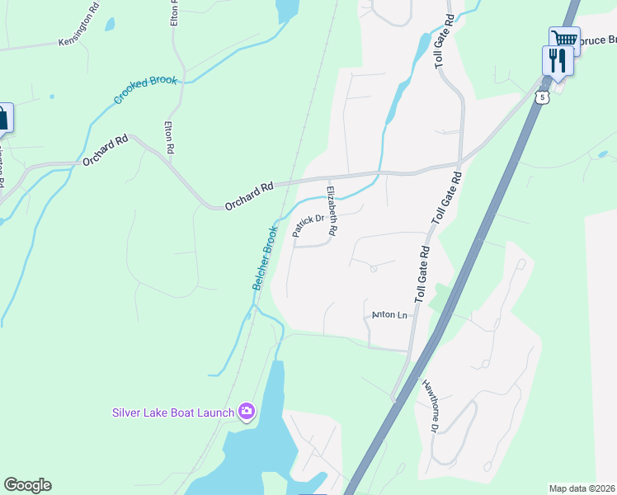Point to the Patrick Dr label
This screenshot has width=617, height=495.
[x=307, y=225]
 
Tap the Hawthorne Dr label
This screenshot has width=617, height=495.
[x=430, y=404]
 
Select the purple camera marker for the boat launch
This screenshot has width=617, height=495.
[x=246, y=411]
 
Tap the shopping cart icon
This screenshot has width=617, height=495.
[x=565, y=40]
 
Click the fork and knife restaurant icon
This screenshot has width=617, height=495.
[x=558, y=61]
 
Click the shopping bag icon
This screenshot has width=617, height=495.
[x=2, y=117]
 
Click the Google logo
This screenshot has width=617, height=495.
[x=27, y=485]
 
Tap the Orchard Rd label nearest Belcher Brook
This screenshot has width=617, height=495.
[x=248, y=196]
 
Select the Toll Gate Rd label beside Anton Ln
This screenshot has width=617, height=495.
[x=423, y=274]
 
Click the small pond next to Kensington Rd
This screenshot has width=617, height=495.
[x=110, y=25]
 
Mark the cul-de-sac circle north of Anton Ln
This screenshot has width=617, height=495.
[x=373, y=268]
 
